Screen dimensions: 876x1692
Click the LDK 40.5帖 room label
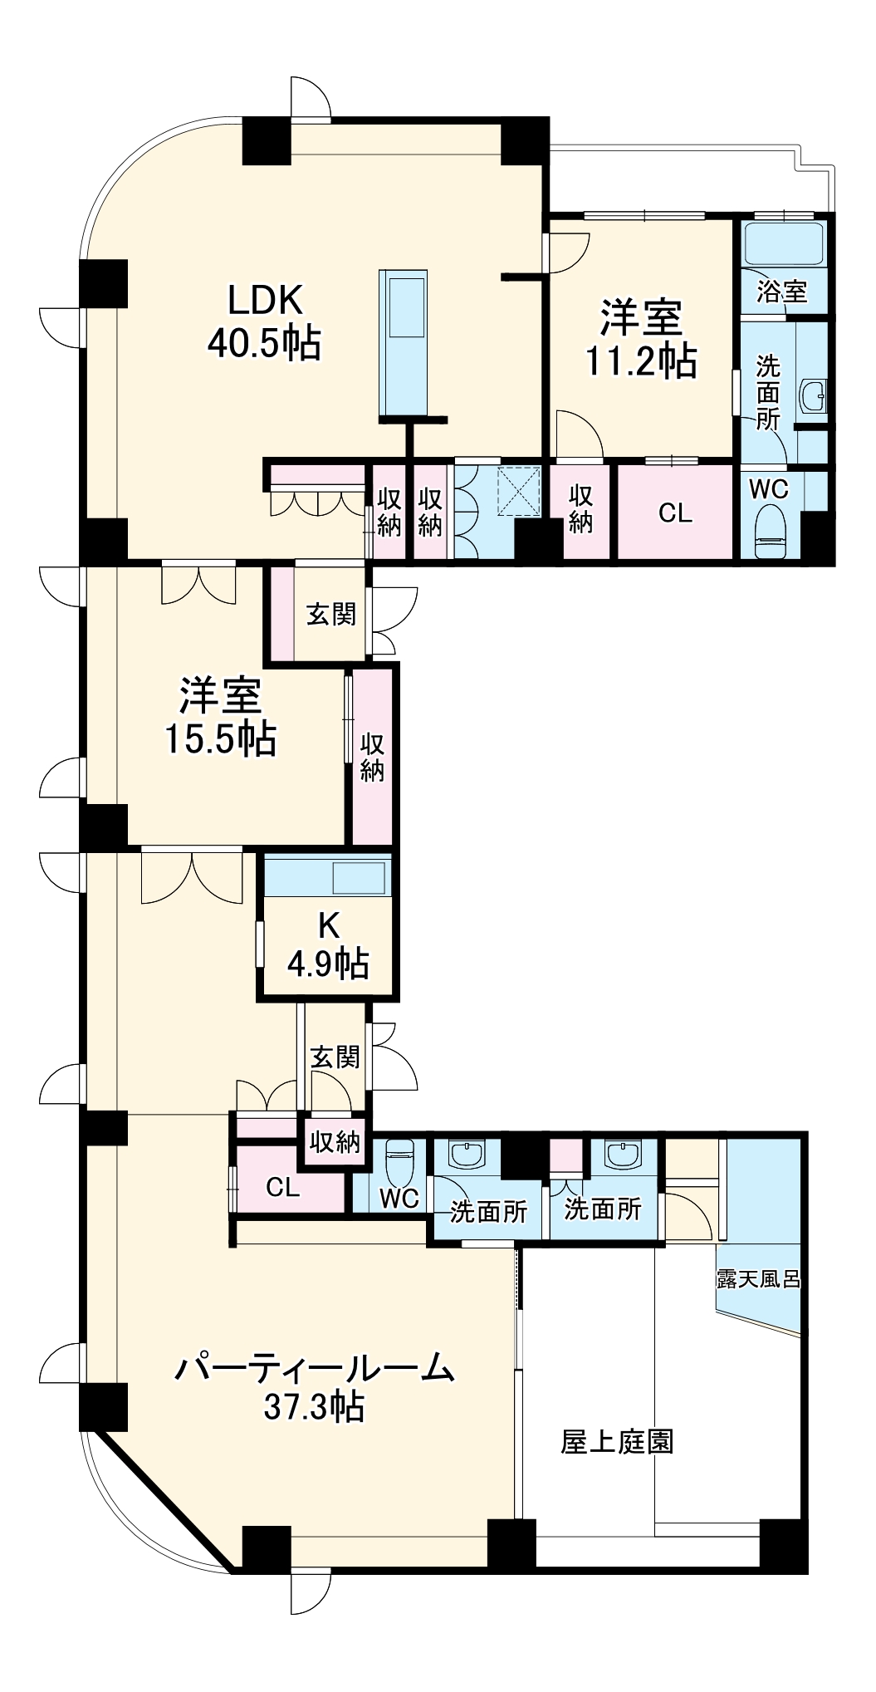coord(264,321)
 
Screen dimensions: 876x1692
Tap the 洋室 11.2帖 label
coord(641,339)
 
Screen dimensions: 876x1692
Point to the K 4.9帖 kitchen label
coord(328,944)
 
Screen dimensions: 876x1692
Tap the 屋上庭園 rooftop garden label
coord(617,1441)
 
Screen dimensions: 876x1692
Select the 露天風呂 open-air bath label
coord(758,1278)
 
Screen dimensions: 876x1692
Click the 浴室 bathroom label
coord(781,291)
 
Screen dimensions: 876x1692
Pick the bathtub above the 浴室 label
coord(784,243)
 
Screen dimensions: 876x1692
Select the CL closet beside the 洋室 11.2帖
coord(675,513)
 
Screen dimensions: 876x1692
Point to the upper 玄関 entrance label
coord(331,615)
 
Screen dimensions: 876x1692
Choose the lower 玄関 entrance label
coord(335,1057)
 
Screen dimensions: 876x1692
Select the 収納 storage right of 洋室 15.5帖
coord(372,757)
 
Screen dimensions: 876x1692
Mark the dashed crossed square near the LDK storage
coord(518,492)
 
